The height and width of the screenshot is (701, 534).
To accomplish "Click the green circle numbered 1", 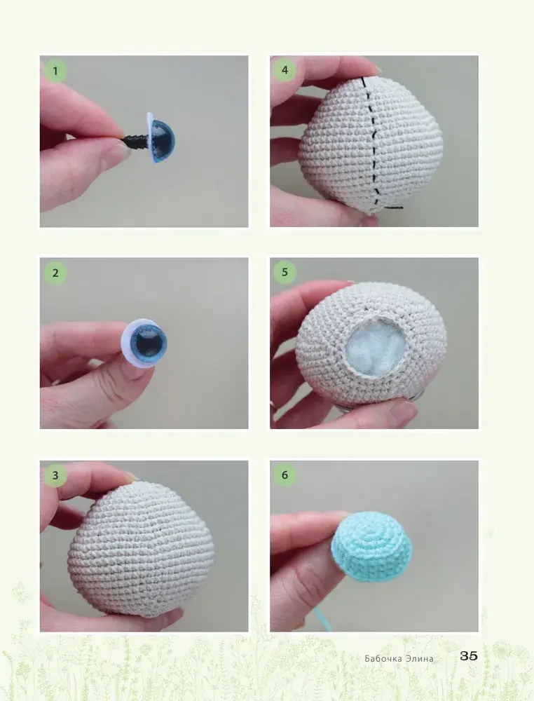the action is pyautogui.click(x=55, y=71).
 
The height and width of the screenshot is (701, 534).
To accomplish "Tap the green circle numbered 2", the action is pyautogui.click(x=55, y=273).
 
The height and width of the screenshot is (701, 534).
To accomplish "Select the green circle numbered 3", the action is pyautogui.click(x=55, y=475).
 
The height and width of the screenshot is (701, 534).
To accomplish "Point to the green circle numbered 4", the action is pyautogui.click(x=285, y=70).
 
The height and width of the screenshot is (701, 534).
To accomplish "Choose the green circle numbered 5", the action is pyautogui.click(x=285, y=272).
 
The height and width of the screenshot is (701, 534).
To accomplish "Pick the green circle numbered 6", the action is pyautogui.click(x=285, y=475).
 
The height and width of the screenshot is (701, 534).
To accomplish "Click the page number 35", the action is pyautogui.click(x=469, y=656).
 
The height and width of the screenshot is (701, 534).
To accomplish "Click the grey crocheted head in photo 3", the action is pyautogui.click(x=141, y=549).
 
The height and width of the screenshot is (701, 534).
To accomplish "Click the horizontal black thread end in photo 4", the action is pyautogui.click(x=394, y=207).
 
